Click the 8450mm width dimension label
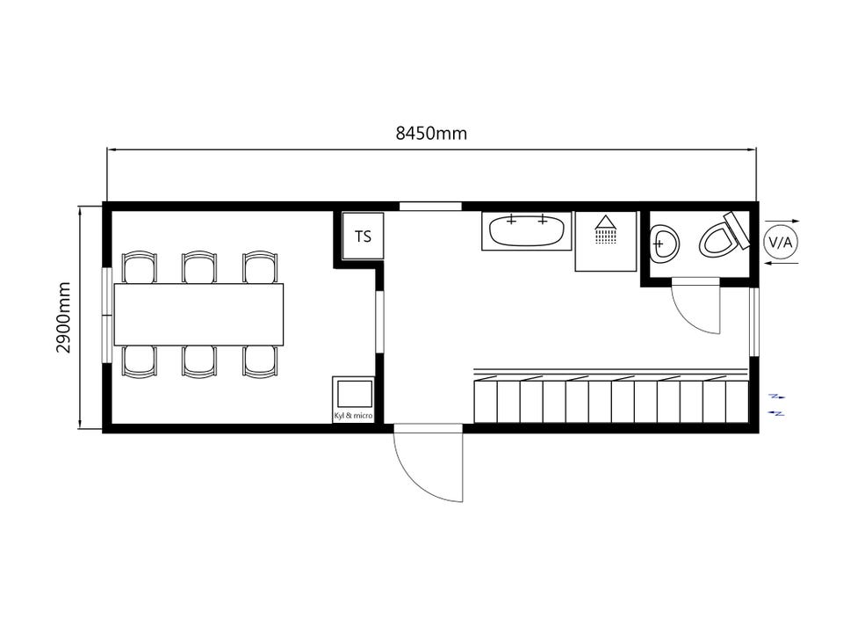tap(431, 133)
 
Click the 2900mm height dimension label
tap(63, 317)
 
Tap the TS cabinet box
tap(364, 236)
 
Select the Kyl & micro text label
tap(353, 416)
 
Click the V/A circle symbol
tap(780, 243)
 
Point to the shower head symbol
tap(606, 229)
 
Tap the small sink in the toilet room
tap(665, 244)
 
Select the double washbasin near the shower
tap(527, 230)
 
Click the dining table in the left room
tap(199, 315)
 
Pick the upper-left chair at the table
tap(140, 267)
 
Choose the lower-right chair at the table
tap(260, 361)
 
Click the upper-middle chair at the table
tap(199, 267)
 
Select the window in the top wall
tap(430, 206)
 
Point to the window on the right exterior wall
tap(753, 322)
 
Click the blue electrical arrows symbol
tap(777, 404)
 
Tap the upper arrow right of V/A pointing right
tap(782, 221)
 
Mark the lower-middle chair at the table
tap(199, 361)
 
